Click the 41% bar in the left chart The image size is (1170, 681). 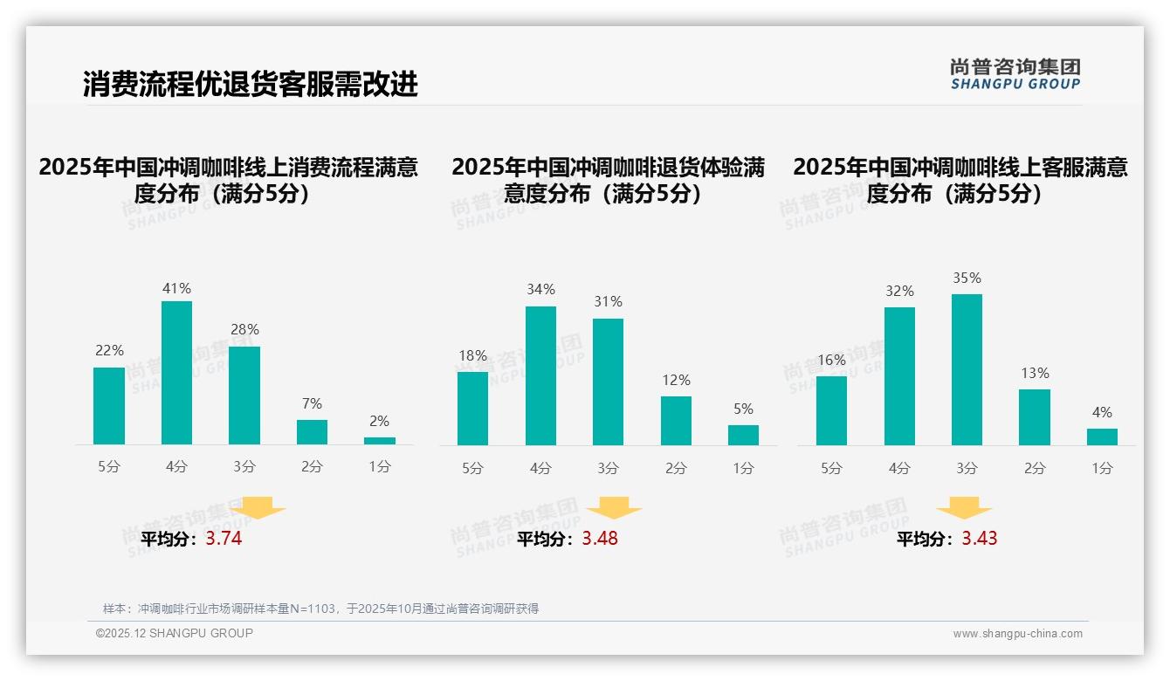(x=176, y=373)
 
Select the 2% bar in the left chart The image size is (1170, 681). (x=380, y=441)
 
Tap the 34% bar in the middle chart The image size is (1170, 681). (x=540, y=375)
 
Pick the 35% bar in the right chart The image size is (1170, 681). (x=967, y=369)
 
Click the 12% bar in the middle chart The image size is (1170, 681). (x=676, y=421)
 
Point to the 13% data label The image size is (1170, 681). (x=1035, y=374)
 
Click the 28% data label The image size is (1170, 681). (x=244, y=330)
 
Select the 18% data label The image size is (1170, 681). (x=472, y=355)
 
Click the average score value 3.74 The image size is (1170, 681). (x=224, y=539)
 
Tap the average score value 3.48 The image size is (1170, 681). (x=600, y=539)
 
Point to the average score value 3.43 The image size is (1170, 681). (x=980, y=539)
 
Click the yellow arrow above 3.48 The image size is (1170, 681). (x=614, y=509)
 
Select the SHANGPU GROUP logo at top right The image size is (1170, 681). (x=1015, y=74)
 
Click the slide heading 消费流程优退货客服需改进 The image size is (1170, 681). (x=251, y=84)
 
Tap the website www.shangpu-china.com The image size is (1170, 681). (x=1017, y=634)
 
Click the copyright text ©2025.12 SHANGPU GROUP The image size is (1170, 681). (x=175, y=633)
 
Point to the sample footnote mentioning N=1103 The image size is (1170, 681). (x=320, y=609)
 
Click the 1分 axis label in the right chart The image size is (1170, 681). (x=1102, y=469)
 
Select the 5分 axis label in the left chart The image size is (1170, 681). (x=109, y=467)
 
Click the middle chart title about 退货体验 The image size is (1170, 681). (x=608, y=181)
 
